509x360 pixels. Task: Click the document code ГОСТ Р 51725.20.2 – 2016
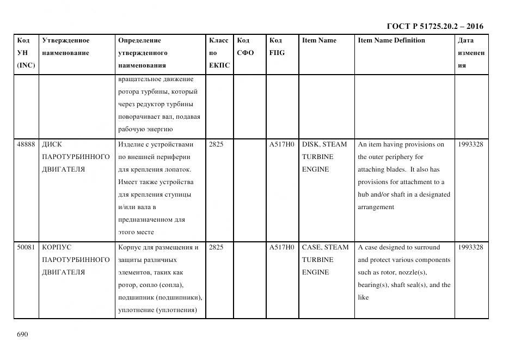434,26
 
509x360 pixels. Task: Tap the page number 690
22,334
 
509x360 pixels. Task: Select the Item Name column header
319,40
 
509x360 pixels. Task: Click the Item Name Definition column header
391,40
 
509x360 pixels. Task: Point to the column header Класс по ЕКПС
219,53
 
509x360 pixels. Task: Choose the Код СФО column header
246,47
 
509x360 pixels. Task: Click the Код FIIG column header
277,47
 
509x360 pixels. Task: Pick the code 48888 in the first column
26,144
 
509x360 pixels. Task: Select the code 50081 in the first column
26,247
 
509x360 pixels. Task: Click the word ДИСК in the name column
52,144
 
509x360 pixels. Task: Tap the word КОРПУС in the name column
57,247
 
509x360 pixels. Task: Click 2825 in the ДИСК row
216,144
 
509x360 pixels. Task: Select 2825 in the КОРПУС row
216,247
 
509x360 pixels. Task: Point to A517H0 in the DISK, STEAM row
281,144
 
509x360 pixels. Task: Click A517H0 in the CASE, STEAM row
281,247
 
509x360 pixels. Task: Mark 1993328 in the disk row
471,144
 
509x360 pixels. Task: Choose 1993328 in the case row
471,247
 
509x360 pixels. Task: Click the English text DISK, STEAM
324,144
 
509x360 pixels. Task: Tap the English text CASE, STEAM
325,247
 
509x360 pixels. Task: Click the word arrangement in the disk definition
376,207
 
